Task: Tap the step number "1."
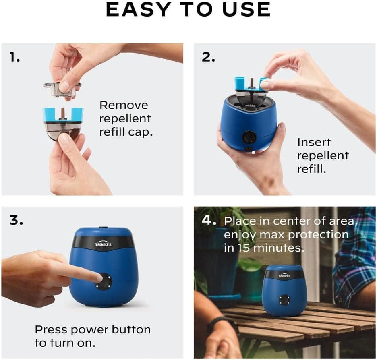click(x=15, y=58)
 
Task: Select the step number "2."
click(x=208, y=58)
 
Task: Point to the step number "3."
click(x=16, y=221)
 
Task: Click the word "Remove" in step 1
click(x=124, y=106)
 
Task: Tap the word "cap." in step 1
click(x=141, y=132)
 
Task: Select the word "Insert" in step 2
click(x=314, y=142)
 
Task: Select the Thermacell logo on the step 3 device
click(x=103, y=244)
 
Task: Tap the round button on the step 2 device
click(x=249, y=137)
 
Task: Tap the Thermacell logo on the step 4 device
click(x=284, y=275)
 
